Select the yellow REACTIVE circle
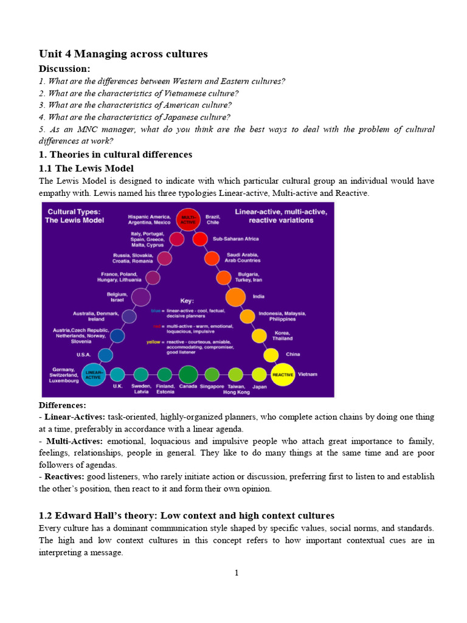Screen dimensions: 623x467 [x=283, y=374]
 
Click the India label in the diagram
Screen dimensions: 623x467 [x=258, y=297]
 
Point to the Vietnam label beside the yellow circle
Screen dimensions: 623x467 [x=309, y=374]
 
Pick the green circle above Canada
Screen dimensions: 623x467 [x=188, y=374]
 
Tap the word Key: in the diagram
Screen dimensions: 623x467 [x=187, y=301]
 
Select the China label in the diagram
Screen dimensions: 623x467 [x=293, y=354]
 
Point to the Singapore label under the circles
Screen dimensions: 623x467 [x=212, y=387]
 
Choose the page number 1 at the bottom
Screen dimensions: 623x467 [x=237, y=573]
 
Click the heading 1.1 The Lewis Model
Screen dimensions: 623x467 [x=86, y=168]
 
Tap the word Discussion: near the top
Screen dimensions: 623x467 [x=64, y=69]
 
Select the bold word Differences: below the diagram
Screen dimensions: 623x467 [x=63, y=405]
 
